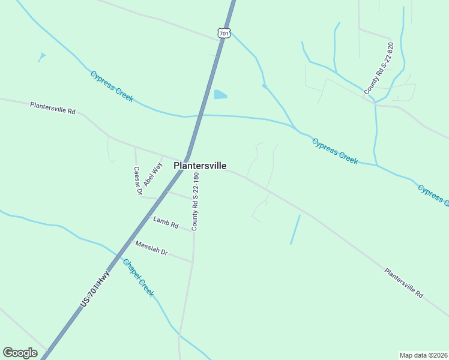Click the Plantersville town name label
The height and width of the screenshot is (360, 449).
200,166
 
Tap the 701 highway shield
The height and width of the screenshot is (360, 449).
223,34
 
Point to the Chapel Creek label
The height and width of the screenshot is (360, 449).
138,277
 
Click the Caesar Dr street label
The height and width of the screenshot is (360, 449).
137,181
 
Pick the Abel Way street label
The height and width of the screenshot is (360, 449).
152,172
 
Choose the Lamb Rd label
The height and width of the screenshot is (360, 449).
166,223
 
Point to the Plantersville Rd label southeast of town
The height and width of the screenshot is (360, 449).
404,283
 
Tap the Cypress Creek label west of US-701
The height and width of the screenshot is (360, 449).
112,86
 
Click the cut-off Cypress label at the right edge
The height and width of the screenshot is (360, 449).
433,195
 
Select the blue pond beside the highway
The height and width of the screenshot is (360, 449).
220,94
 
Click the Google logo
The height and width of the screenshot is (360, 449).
20,353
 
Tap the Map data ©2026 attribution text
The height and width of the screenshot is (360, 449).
423,355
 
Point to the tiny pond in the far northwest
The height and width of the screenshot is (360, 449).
41,56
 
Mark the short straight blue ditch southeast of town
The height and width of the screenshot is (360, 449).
295,229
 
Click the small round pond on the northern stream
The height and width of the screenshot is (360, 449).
264,86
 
